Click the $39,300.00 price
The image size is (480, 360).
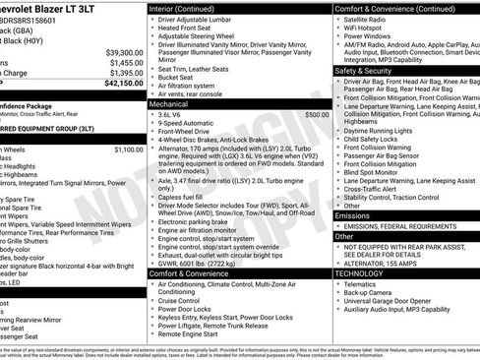[124, 52]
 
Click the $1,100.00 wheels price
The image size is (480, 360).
[128, 150]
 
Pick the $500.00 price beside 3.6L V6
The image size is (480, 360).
[317, 115]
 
